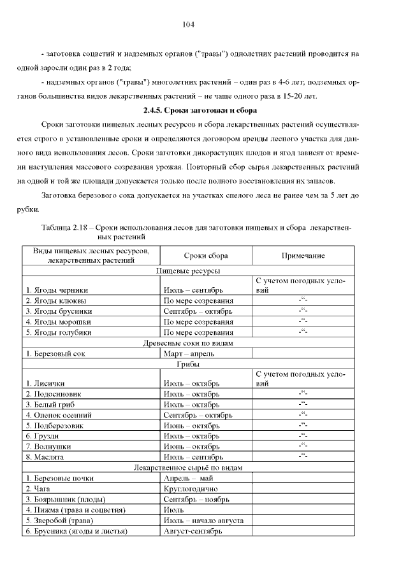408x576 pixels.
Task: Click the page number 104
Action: point(188,25)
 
